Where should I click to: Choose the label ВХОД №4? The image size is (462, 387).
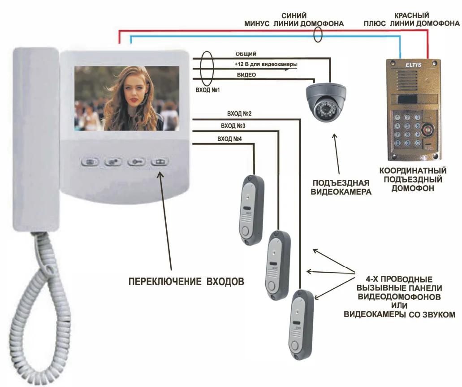click(x=229, y=139)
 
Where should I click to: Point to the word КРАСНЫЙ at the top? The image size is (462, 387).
click(x=412, y=15)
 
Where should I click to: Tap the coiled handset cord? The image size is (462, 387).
click(x=43, y=305)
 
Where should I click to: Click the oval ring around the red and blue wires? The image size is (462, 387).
click(x=318, y=35)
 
